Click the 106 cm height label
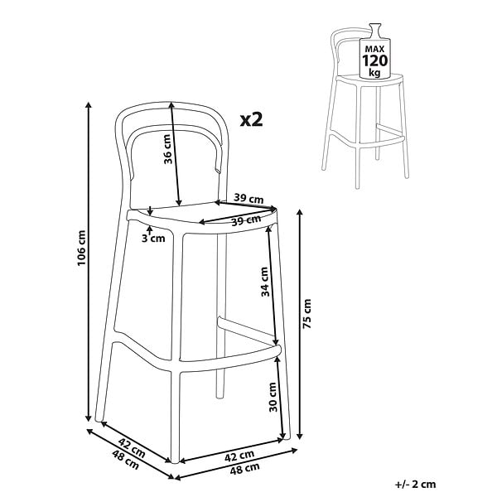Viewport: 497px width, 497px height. (x=81, y=248)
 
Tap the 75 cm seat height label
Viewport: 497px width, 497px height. (x=306, y=313)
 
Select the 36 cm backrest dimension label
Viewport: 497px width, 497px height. (x=167, y=149)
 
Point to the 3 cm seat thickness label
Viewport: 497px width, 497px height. (x=153, y=238)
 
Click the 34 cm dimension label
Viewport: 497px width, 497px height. (x=265, y=282)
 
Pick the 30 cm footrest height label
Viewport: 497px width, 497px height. (x=273, y=397)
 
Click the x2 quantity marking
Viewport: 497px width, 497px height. (x=251, y=119)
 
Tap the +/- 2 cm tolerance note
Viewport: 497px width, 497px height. (x=415, y=485)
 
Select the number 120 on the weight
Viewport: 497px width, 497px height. (x=374, y=60)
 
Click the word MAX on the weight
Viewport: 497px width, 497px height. (x=374, y=49)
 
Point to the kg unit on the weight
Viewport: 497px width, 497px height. (x=374, y=73)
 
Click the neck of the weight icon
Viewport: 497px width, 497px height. (x=374, y=31)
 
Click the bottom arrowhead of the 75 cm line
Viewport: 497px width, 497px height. (x=300, y=437)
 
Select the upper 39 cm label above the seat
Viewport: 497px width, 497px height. (x=248, y=199)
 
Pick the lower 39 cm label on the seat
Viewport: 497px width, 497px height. (x=246, y=220)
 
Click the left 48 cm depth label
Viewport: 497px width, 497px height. (x=126, y=460)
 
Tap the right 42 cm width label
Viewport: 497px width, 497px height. (x=239, y=456)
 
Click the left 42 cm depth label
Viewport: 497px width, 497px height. (x=132, y=448)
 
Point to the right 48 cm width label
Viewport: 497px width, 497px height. (x=244, y=469)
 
